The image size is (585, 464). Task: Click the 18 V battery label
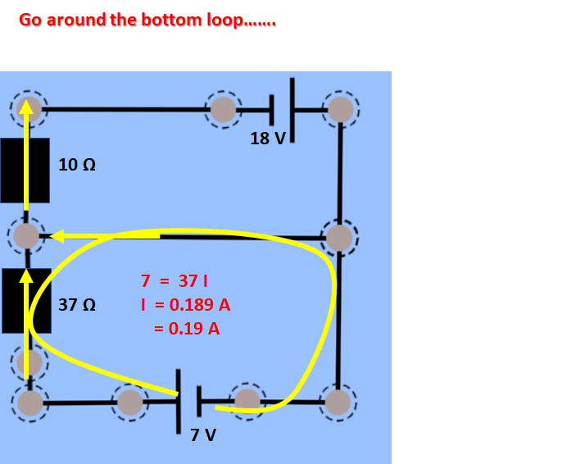pos(268,139)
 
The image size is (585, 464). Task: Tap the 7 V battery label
pos(203,434)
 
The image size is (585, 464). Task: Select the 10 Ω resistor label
pos(77,165)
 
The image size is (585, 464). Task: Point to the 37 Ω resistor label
pos(77,305)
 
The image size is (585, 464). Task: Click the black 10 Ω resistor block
pos(25,171)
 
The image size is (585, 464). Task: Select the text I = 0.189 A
pos(185,305)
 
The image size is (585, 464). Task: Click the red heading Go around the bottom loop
pos(147,20)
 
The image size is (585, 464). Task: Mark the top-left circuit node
pos(29,108)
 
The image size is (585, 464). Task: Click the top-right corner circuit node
pos(340,108)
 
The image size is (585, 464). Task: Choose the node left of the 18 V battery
pos(223,108)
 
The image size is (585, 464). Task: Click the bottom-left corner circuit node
pos(29,403)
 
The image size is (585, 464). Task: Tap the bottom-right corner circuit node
pos(337,402)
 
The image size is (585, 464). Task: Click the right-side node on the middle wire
pos(338,238)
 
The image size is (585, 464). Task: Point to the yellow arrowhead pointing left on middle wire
pos(57,236)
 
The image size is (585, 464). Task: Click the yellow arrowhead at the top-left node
pos(27,107)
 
